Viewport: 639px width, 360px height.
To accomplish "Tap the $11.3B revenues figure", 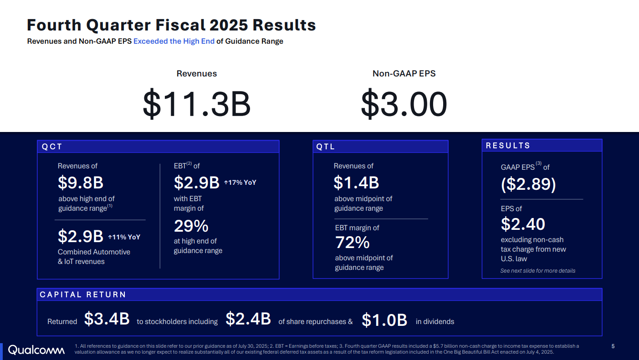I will (x=197, y=104).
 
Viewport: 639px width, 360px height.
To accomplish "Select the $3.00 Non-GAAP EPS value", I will (x=404, y=104).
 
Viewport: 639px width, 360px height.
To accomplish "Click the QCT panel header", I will (x=158, y=147).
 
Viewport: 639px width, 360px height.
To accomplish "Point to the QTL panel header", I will (x=380, y=147).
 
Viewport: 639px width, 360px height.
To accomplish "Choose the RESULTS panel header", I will (x=542, y=146).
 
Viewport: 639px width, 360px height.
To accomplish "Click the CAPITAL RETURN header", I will (x=319, y=294).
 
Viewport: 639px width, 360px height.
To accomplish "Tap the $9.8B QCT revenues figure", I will (x=81, y=183).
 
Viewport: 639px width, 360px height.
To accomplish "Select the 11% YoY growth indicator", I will (x=124, y=237).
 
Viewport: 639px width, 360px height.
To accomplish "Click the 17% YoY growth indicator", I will (x=240, y=183).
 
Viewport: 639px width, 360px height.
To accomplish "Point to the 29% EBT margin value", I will (x=191, y=226).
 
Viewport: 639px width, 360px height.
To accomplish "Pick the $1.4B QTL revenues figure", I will (x=356, y=183).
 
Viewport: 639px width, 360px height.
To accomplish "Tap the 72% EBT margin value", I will (x=352, y=243).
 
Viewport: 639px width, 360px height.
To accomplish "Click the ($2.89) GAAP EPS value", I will (x=528, y=184).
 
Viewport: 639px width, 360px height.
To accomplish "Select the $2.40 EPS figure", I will (x=523, y=224).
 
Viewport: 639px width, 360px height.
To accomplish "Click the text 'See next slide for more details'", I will (x=537, y=271).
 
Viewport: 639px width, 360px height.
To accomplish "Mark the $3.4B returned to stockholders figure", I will (x=107, y=319).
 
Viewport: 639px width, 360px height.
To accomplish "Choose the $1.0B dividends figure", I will (x=384, y=320).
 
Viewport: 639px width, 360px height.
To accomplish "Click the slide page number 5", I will (x=613, y=346).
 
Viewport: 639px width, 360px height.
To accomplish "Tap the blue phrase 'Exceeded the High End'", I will (x=174, y=41).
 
